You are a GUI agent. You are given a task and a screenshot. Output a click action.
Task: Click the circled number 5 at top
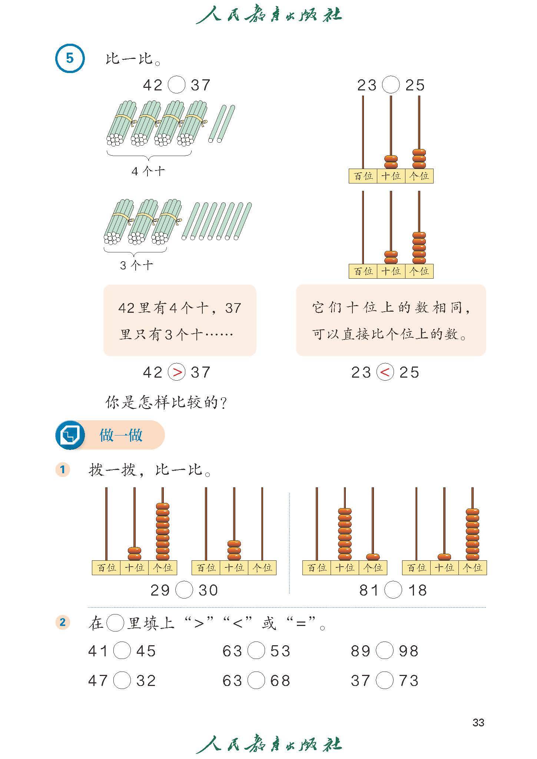pyautogui.click(x=70, y=59)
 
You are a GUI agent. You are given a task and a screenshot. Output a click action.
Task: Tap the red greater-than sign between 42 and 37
pyautogui.click(x=177, y=372)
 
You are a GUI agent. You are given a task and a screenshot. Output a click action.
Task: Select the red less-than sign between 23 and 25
pyautogui.click(x=385, y=372)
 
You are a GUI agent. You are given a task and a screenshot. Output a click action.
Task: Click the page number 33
pyautogui.click(x=478, y=722)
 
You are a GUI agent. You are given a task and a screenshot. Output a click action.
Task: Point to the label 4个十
pyautogui.click(x=148, y=171)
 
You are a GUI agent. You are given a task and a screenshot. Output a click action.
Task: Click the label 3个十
pyautogui.click(x=136, y=265)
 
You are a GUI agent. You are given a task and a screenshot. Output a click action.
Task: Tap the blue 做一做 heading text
pyautogui.click(x=121, y=435)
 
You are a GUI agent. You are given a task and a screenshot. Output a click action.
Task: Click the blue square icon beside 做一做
pyautogui.click(x=69, y=435)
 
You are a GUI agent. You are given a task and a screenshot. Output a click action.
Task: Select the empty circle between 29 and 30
pyautogui.click(x=184, y=590)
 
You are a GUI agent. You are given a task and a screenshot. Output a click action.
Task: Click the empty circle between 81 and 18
pyautogui.click(x=393, y=590)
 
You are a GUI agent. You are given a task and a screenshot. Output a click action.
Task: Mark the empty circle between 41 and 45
pyautogui.click(x=122, y=651)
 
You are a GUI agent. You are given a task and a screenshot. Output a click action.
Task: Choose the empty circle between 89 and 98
pyautogui.click(x=384, y=651)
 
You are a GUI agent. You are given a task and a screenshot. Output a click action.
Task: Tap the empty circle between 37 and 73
pyautogui.click(x=384, y=681)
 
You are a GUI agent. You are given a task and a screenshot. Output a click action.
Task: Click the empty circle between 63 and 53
pyautogui.click(x=256, y=651)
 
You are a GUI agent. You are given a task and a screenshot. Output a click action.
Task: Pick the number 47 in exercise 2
pyautogui.click(x=98, y=681)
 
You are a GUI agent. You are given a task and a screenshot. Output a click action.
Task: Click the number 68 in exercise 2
pyautogui.click(x=280, y=681)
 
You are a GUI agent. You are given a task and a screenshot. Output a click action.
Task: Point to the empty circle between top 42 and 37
pyautogui.click(x=176, y=85)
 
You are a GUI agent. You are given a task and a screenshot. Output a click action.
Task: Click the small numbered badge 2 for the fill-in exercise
pyautogui.click(x=62, y=622)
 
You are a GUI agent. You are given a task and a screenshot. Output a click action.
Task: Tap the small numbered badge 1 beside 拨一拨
pyautogui.click(x=62, y=470)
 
